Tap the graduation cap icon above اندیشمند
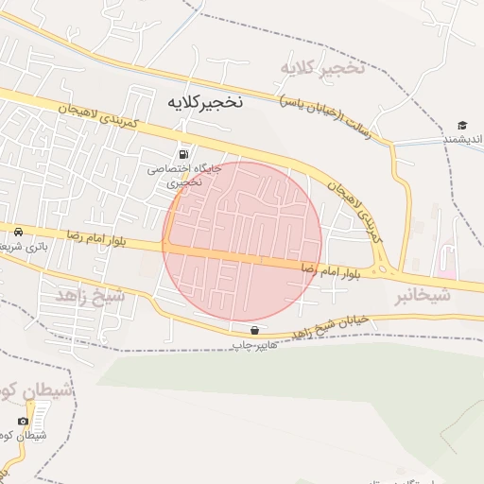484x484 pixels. point(462,126)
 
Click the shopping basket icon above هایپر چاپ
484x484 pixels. point(254,331)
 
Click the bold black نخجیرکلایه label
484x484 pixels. point(205,102)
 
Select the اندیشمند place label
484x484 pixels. point(463,140)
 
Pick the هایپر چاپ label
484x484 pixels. point(255,345)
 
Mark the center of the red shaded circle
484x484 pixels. point(242,241)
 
